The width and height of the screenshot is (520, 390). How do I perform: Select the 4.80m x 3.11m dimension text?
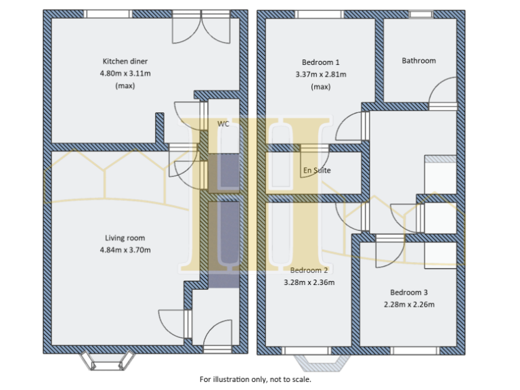(125, 73)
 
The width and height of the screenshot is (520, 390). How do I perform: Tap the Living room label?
(125, 238)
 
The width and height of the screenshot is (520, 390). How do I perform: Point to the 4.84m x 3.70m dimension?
(125, 250)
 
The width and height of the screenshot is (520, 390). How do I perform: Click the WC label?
(223, 124)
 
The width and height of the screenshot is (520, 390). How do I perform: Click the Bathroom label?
(418, 61)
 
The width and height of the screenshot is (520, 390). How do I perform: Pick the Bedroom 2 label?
(309, 270)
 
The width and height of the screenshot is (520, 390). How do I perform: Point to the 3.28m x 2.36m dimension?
(309, 282)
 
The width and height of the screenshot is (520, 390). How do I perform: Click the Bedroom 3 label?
(408, 292)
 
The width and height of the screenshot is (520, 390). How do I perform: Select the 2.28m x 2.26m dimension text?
(408, 305)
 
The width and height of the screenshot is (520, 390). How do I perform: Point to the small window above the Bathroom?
(420, 14)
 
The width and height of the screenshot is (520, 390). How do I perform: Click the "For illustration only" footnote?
(255, 379)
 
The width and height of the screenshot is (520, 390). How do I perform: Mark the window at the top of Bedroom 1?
(320, 14)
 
